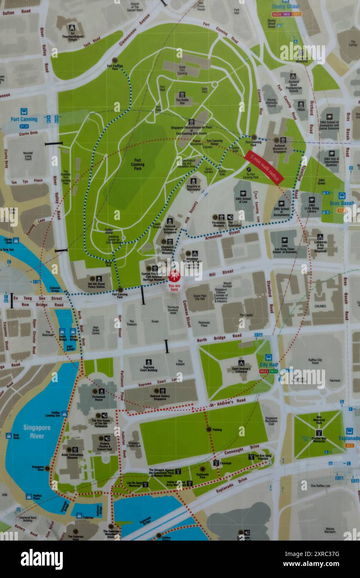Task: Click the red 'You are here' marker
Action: [175, 275]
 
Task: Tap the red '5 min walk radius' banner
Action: [264, 168]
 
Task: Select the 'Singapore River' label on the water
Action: [37, 432]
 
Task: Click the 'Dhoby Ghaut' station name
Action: [285, 7]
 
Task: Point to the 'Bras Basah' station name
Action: [341, 203]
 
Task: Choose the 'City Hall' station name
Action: [269, 365]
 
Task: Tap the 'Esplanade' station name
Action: [349, 438]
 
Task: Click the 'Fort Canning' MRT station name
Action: [24, 119]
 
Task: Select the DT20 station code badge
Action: [24, 126]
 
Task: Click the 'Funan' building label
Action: [155, 321]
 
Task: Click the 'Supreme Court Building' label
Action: [148, 368]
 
